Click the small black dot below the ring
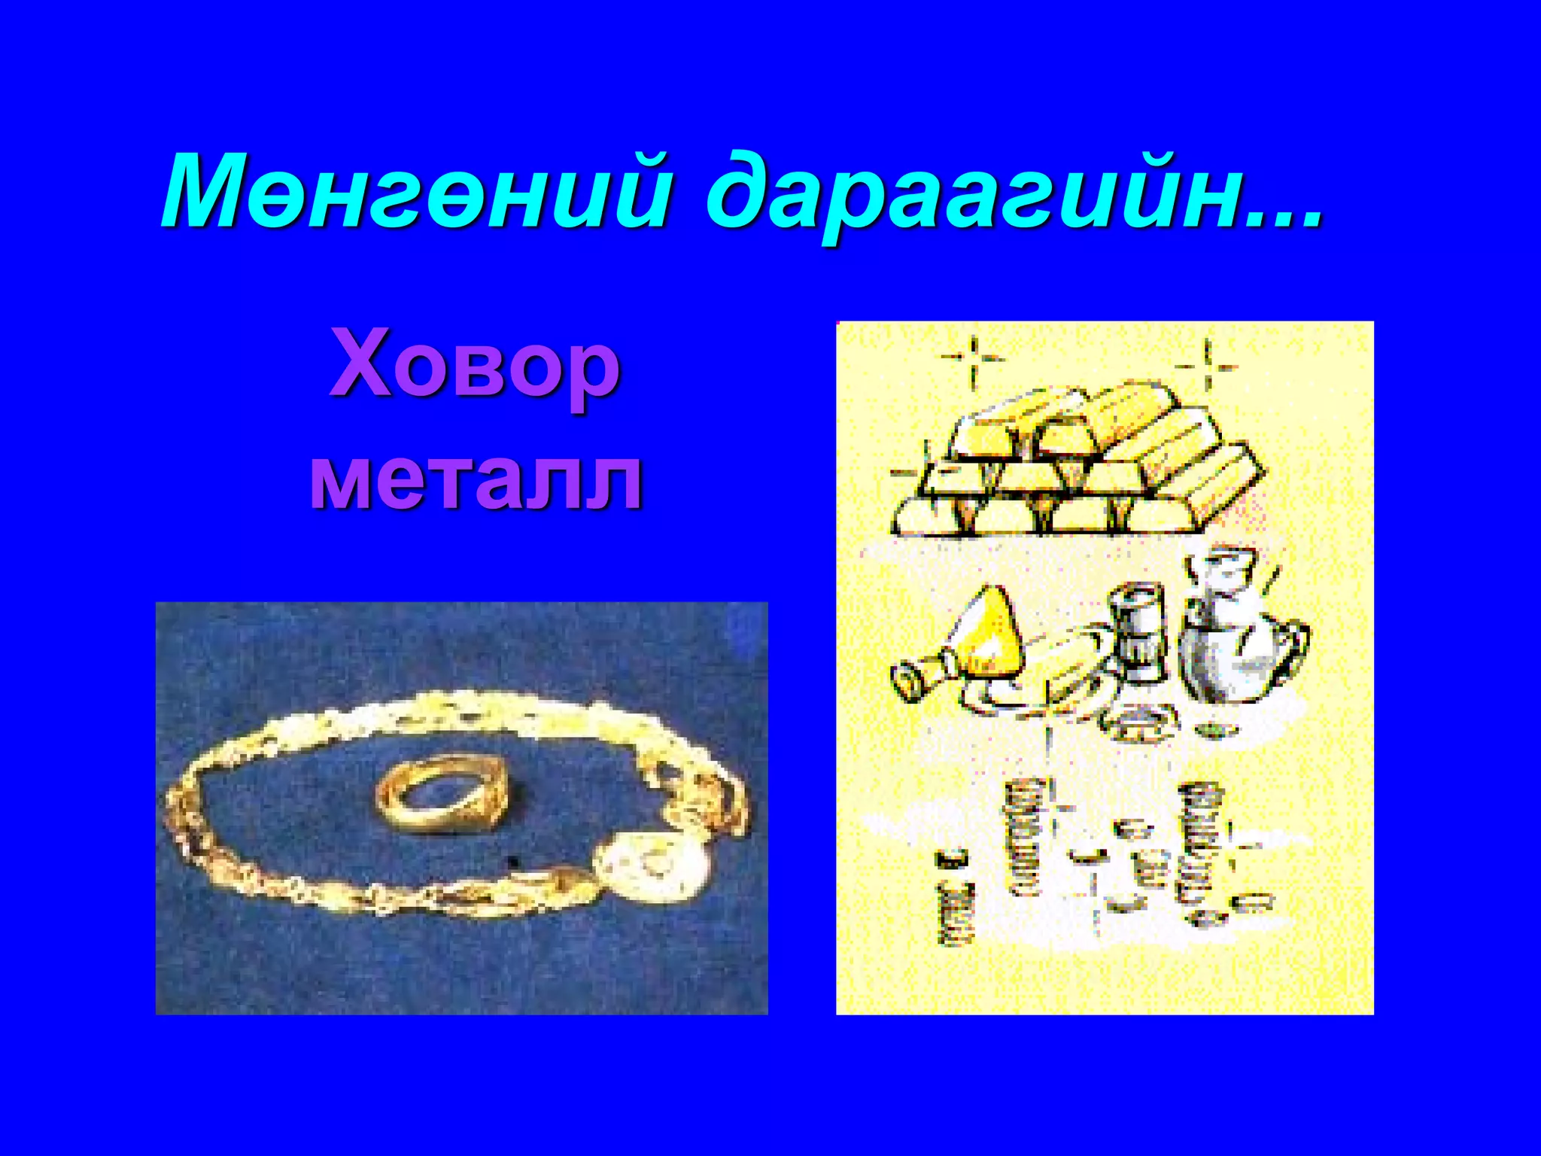point(514,860)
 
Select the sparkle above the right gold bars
point(1207,367)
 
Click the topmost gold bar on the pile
point(1129,406)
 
